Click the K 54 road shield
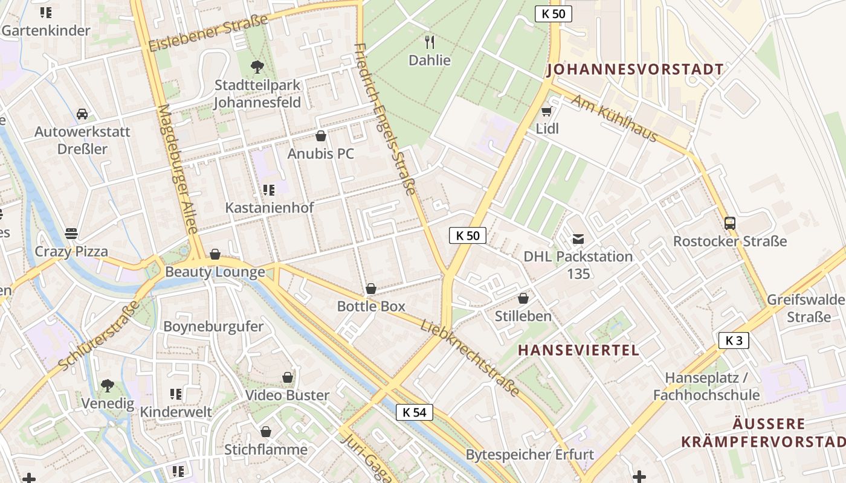415,412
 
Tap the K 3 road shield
734,341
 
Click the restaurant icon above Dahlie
430,42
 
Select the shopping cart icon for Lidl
547,111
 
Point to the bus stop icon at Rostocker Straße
729,223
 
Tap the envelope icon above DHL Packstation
578,238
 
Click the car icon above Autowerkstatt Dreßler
82,114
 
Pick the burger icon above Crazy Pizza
71,233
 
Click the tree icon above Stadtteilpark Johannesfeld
257,66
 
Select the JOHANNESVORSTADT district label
634,69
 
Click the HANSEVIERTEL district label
578,350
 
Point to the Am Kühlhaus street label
614,118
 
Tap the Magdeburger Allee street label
178,169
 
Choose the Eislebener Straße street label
208,34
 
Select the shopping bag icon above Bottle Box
371,289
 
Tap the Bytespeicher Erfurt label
529,455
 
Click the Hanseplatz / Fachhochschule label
706,386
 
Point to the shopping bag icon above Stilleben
523,298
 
